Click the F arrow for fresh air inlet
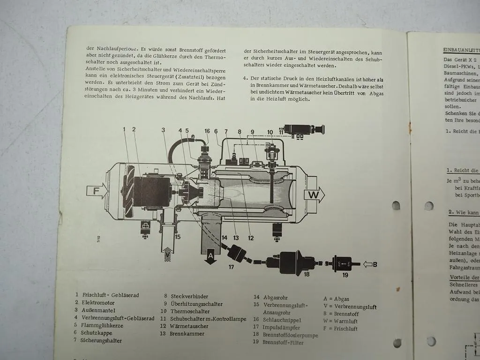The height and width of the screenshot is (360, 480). coord(97,191)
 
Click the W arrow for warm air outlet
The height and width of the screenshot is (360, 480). coord(315,194)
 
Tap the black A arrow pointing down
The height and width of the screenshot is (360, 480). coord(210,256)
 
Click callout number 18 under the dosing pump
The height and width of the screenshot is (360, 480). coord(307,274)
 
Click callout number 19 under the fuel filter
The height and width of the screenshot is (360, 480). coord(345,275)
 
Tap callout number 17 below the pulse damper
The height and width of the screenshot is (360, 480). coord(231,267)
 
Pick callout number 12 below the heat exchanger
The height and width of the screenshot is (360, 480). coord(251,238)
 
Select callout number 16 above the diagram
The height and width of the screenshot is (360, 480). coord(207,131)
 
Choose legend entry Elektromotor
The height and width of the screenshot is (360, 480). coord(98,303)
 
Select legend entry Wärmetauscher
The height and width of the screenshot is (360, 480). coord(187,326)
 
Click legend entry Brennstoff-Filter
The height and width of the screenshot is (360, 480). coord(283,343)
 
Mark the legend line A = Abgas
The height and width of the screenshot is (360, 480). coord(336,299)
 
